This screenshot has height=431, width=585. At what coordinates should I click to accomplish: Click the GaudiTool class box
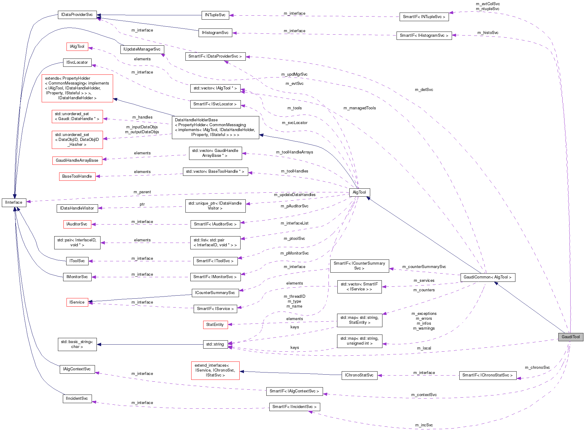pos(570,337)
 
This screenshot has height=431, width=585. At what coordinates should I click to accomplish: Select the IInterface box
pos(14,202)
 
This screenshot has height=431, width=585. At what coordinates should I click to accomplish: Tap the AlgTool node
pos(359,192)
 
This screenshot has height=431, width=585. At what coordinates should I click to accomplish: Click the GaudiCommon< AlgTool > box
pos(487,277)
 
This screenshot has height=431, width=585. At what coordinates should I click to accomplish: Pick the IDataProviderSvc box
pos(77,15)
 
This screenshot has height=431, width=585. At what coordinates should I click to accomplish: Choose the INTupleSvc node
pos(215,15)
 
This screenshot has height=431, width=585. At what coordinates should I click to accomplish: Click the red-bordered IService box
pos(77,302)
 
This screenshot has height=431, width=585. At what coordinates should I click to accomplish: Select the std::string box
pos(215,344)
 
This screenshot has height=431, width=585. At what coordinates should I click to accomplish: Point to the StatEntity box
pos(215,325)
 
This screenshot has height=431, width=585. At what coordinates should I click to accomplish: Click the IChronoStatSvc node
pos(359,375)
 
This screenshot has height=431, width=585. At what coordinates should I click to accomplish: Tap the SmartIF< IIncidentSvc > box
pos(294,407)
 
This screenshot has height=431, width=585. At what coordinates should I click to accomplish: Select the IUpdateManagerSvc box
pos(142,49)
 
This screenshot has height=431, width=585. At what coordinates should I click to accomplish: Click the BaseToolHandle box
pos(77,176)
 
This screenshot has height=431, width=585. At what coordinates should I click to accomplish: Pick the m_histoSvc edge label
pos(488,33)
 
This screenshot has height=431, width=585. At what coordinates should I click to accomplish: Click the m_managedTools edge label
pos(359,108)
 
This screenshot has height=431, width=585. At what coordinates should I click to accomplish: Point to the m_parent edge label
pos(142,192)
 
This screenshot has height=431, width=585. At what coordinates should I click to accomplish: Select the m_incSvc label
pos(424,425)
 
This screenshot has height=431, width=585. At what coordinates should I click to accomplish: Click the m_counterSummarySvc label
pos(424,267)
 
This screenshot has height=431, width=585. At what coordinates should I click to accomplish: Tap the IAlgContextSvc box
pos(77,369)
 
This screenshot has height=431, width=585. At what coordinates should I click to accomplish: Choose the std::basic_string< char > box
pos(77,344)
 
